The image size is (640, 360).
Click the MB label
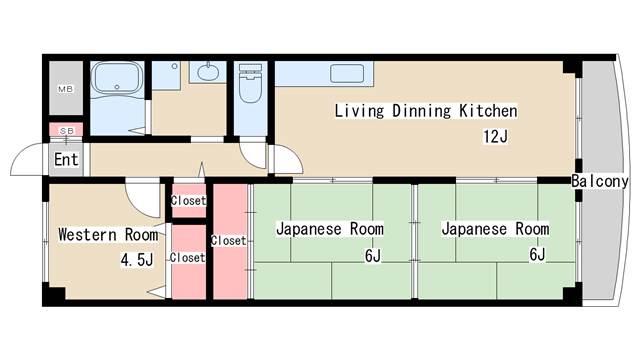pos(65,89)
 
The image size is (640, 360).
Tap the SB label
pos(67,131)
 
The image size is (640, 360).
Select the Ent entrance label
pos(66,160)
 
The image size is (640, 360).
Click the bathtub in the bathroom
pos(117,79)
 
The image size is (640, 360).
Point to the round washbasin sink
pos(208,72)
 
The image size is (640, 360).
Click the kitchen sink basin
pos(347,73)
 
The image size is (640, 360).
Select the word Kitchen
pos(488,111)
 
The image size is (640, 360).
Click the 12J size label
pos(496,136)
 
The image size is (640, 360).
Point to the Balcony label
pos(599,181)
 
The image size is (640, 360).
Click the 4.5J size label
pos(137,260)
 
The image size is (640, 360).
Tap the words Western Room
pos(108,235)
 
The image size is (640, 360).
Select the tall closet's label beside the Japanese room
pos(229,241)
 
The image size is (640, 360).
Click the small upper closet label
pos(188,200)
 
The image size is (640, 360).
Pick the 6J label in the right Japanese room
pos(537,254)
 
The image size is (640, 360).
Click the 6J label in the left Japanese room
pos(373,256)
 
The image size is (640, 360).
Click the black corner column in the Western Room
pos(54,294)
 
